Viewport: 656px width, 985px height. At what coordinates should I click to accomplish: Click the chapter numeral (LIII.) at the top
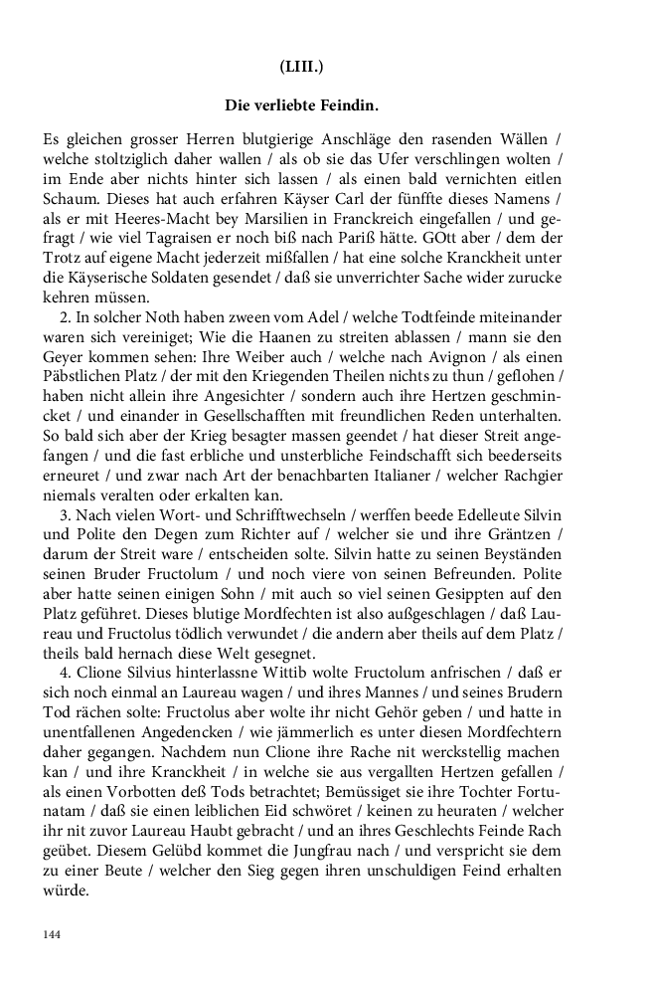(302, 68)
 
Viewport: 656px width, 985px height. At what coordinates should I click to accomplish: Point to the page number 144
(52, 934)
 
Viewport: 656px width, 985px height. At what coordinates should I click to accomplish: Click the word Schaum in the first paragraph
(67, 200)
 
